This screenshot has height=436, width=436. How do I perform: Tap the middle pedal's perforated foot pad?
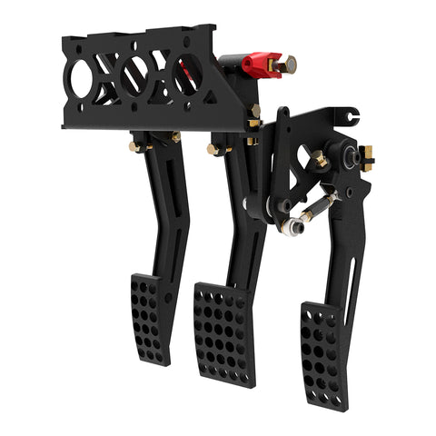coord(223,332)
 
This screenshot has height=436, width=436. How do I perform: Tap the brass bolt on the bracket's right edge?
coord(255,114)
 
